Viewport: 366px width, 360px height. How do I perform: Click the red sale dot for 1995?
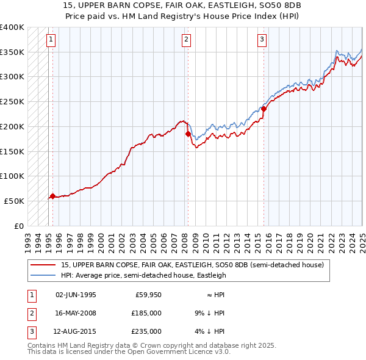click(52, 196)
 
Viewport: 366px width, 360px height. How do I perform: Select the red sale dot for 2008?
click(188, 133)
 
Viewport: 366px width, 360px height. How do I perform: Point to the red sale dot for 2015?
click(264, 109)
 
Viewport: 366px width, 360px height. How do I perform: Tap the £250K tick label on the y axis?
click(12, 102)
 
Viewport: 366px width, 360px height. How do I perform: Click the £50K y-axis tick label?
click(15, 201)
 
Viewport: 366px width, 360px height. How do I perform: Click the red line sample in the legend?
click(43, 265)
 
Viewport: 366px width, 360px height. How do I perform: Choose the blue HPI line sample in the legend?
click(43, 275)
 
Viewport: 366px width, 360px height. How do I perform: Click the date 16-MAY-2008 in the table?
click(76, 313)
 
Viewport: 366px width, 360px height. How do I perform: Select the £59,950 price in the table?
click(148, 295)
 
